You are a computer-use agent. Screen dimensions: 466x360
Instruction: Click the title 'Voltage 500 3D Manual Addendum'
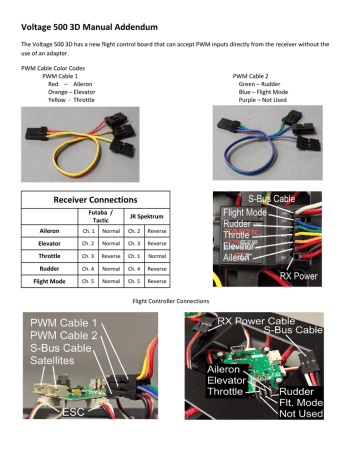94,18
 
